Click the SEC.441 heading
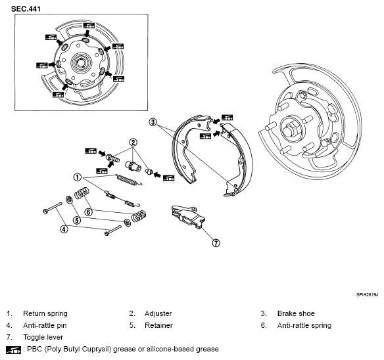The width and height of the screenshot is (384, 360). click(26, 9)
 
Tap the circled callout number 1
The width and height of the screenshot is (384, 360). click(78, 177)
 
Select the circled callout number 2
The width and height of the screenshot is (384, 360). click(133, 142)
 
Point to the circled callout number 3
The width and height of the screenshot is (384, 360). click(153, 122)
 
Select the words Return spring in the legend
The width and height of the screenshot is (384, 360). click(45, 313)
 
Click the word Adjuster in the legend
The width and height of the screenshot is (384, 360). click(158, 313)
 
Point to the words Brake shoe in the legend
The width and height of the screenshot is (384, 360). click(296, 313)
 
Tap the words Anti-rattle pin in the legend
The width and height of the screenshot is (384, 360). click(45, 325)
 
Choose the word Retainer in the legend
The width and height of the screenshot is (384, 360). click(158, 325)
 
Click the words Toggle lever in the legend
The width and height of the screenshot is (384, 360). click(43, 337)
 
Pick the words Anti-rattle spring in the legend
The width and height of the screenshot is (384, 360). click(304, 325)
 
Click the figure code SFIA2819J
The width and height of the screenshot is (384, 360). click(367, 295)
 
